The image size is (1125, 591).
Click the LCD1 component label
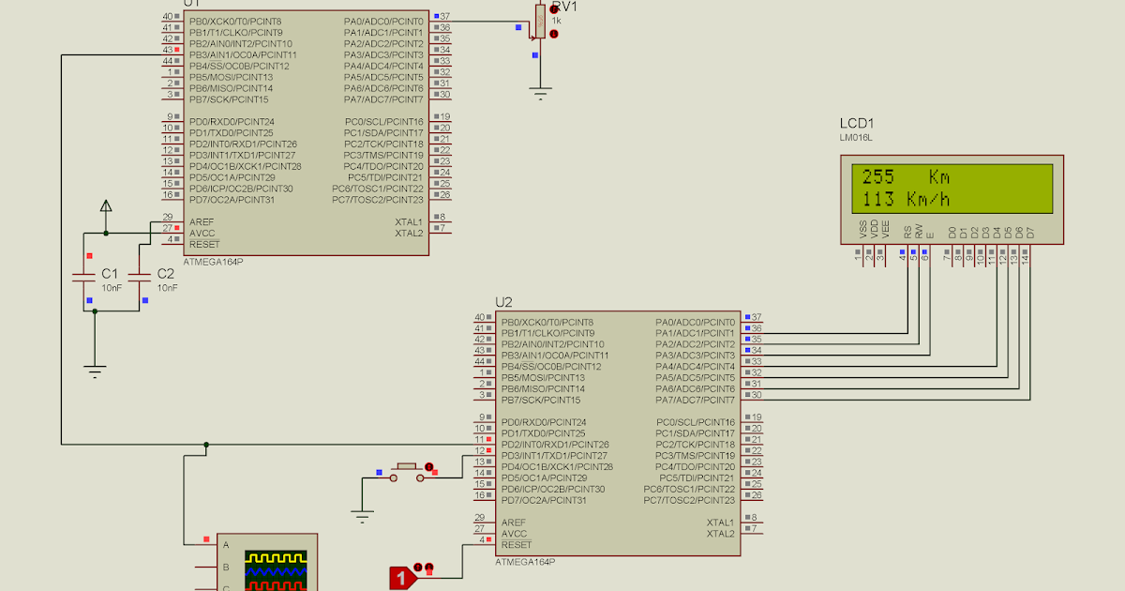coord(857,124)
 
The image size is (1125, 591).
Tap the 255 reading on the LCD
coord(877,176)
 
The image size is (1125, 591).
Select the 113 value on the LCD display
coord(877,199)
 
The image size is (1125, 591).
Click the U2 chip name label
coord(503,302)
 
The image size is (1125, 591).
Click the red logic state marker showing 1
coord(401,578)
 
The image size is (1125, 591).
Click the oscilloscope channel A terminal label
coord(225,544)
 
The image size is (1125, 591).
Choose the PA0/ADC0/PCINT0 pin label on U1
coord(383,21)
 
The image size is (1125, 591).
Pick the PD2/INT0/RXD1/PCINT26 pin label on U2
coord(555,445)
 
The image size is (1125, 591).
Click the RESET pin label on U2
coord(516,545)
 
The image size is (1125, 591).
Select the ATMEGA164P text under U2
coord(525,562)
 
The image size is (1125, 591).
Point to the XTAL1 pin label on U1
coord(409,221)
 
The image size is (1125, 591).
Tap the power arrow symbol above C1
coord(106,206)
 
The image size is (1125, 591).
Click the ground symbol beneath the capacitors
coord(95,370)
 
